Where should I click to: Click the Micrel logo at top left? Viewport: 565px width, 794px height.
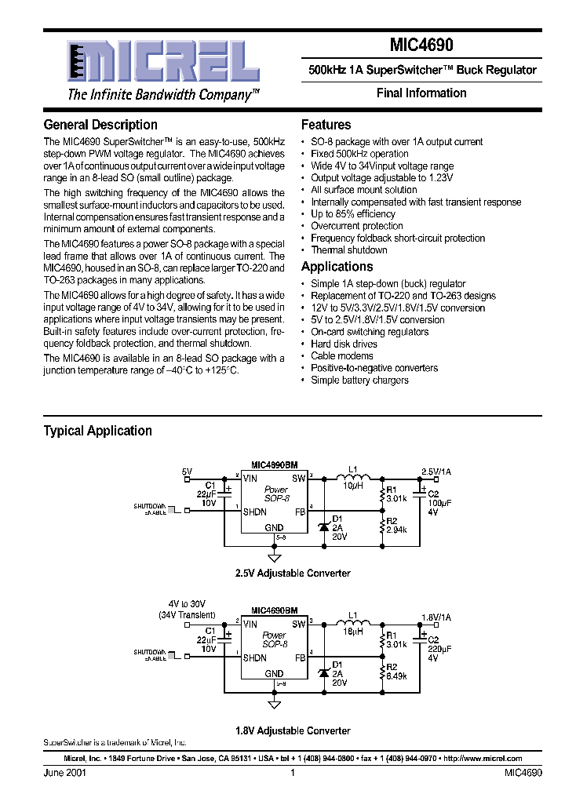(x=162, y=61)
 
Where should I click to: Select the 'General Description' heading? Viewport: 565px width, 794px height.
(x=100, y=125)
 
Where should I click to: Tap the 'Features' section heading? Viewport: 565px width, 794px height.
(x=326, y=125)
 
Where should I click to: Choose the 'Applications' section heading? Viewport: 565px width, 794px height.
(x=337, y=267)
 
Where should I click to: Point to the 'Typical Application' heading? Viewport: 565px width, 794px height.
(x=97, y=431)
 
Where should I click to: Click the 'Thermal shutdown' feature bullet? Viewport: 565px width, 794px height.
(x=348, y=250)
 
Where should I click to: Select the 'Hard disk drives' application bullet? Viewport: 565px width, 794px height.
(x=344, y=344)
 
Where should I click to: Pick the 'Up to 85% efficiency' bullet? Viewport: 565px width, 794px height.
(x=352, y=214)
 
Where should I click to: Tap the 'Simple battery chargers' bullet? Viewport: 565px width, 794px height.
(x=359, y=381)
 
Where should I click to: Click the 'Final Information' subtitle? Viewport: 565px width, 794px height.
(x=421, y=93)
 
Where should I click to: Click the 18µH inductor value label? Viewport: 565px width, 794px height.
(x=352, y=631)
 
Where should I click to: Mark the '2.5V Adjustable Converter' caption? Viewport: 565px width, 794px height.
(x=293, y=574)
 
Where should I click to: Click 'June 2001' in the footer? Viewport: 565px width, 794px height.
(x=64, y=773)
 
